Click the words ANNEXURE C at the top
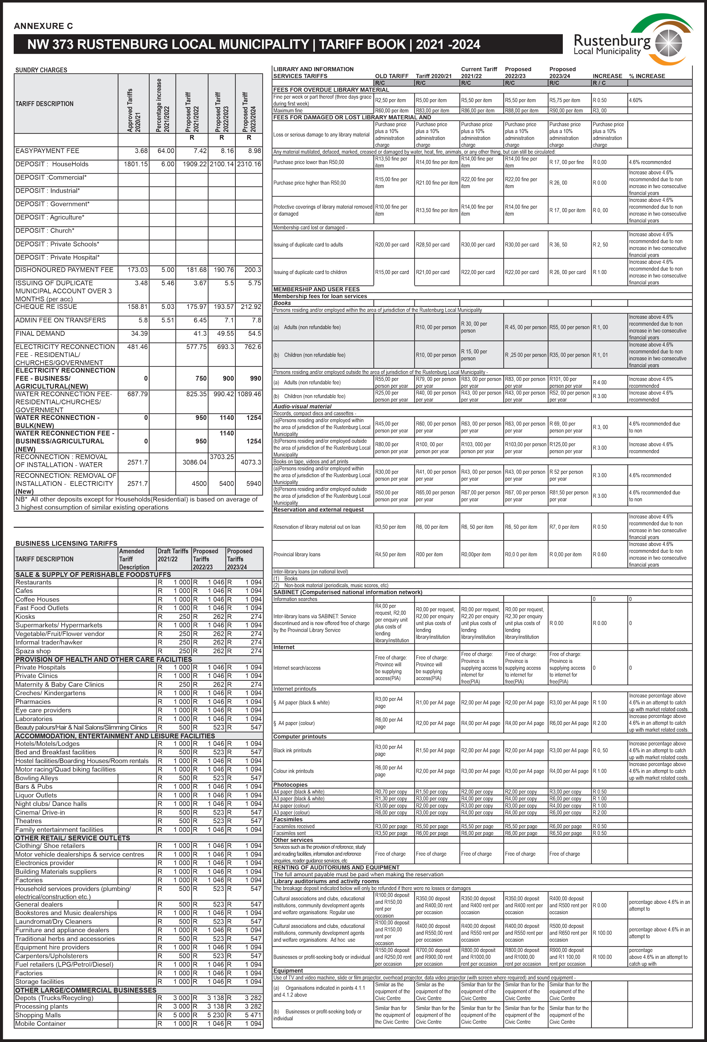coord(43,26)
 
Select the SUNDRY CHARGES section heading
coord(41,70)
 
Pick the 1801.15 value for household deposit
coord(135,164)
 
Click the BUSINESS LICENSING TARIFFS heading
coord(66,543)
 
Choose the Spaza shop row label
coord(33,651)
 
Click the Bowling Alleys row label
coord(37,778)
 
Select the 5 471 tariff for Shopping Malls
coord(253,1015)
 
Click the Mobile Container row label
coord(40,1024)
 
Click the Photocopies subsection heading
coord(291,785)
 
